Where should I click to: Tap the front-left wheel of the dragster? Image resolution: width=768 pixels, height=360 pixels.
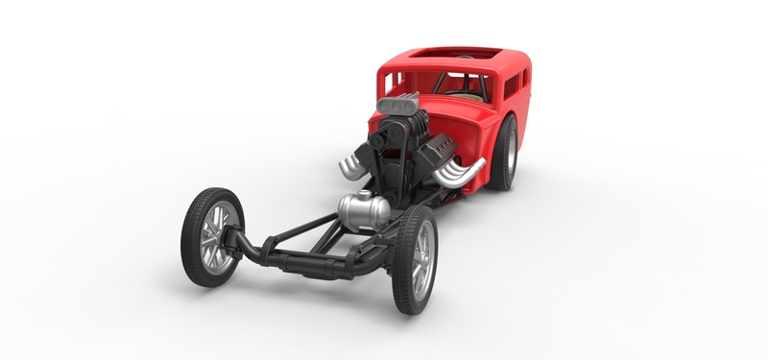coord(212,236)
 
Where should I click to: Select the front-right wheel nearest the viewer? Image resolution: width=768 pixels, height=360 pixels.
coord(415,259)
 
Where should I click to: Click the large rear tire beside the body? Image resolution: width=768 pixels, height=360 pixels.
coord(503,153)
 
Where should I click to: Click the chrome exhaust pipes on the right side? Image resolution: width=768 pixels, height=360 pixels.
coord(459,174)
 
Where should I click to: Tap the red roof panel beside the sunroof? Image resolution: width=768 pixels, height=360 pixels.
coord(499,58)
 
